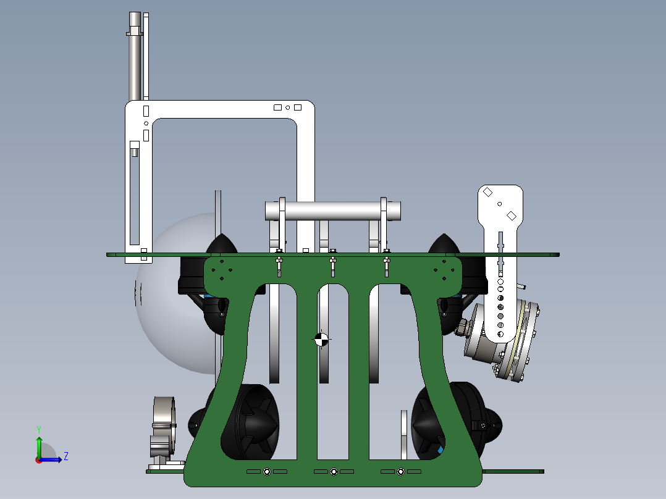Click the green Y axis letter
point(39,430)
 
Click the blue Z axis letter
point(66,456)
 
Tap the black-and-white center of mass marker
point(321,339)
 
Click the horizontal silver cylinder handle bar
point(333,211)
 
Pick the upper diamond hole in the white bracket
point(487,192)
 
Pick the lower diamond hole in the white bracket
point(512,216)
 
